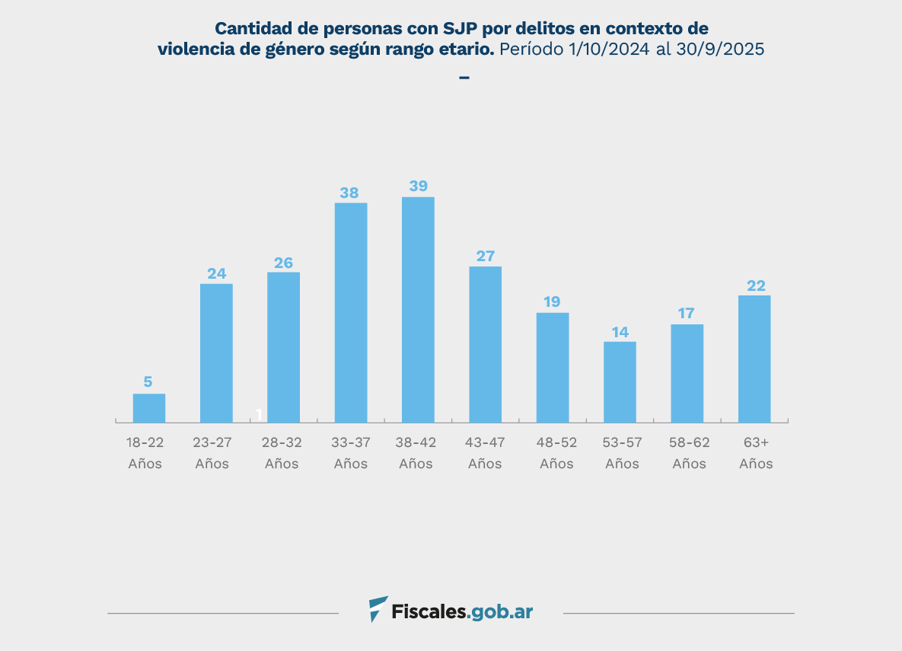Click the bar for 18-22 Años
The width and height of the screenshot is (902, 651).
point(149,408)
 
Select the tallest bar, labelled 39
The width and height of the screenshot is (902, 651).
point(418,309)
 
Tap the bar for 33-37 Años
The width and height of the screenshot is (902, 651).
point(351,312)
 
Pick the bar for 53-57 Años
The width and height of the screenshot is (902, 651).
point(620,381)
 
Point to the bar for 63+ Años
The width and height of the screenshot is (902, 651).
point(754,359)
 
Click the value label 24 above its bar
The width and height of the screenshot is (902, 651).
point(217,273)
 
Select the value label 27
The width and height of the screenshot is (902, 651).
point(486,256)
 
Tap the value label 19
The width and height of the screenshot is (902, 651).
point(553,302)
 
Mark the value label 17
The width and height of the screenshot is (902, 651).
point(687,314)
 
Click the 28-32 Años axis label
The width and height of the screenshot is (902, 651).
point(282,453)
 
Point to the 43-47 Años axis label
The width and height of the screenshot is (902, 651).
point(485,453)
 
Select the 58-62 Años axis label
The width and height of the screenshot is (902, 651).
point(689,453)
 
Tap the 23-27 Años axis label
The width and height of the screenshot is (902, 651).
point(212,453)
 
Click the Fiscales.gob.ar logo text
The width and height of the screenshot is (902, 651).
point(462,611)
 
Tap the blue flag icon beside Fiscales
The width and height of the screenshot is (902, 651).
point(378,609)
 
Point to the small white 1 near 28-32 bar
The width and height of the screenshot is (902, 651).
point(259,414)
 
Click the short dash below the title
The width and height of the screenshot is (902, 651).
point(464,78)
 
